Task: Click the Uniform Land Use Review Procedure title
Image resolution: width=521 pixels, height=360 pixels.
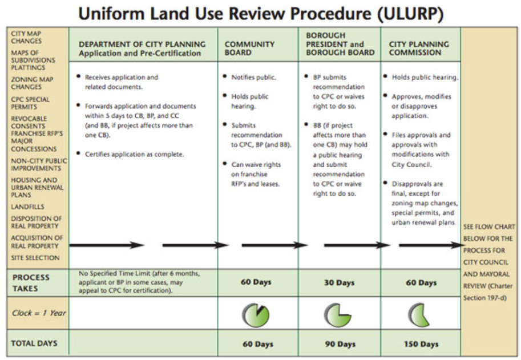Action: (260, 14)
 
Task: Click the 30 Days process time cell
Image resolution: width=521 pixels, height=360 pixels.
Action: (339, 283)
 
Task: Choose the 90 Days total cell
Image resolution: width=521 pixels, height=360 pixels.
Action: (339, 344)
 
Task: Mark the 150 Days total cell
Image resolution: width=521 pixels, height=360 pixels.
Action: (421, 344)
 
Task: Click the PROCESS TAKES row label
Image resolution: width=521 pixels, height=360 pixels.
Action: (31, 282)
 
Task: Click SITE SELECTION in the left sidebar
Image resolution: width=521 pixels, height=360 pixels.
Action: (35, 258)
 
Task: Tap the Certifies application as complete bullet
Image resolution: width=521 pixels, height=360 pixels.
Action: (134, 154)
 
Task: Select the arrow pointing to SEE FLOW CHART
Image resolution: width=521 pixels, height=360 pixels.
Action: (431, 245)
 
